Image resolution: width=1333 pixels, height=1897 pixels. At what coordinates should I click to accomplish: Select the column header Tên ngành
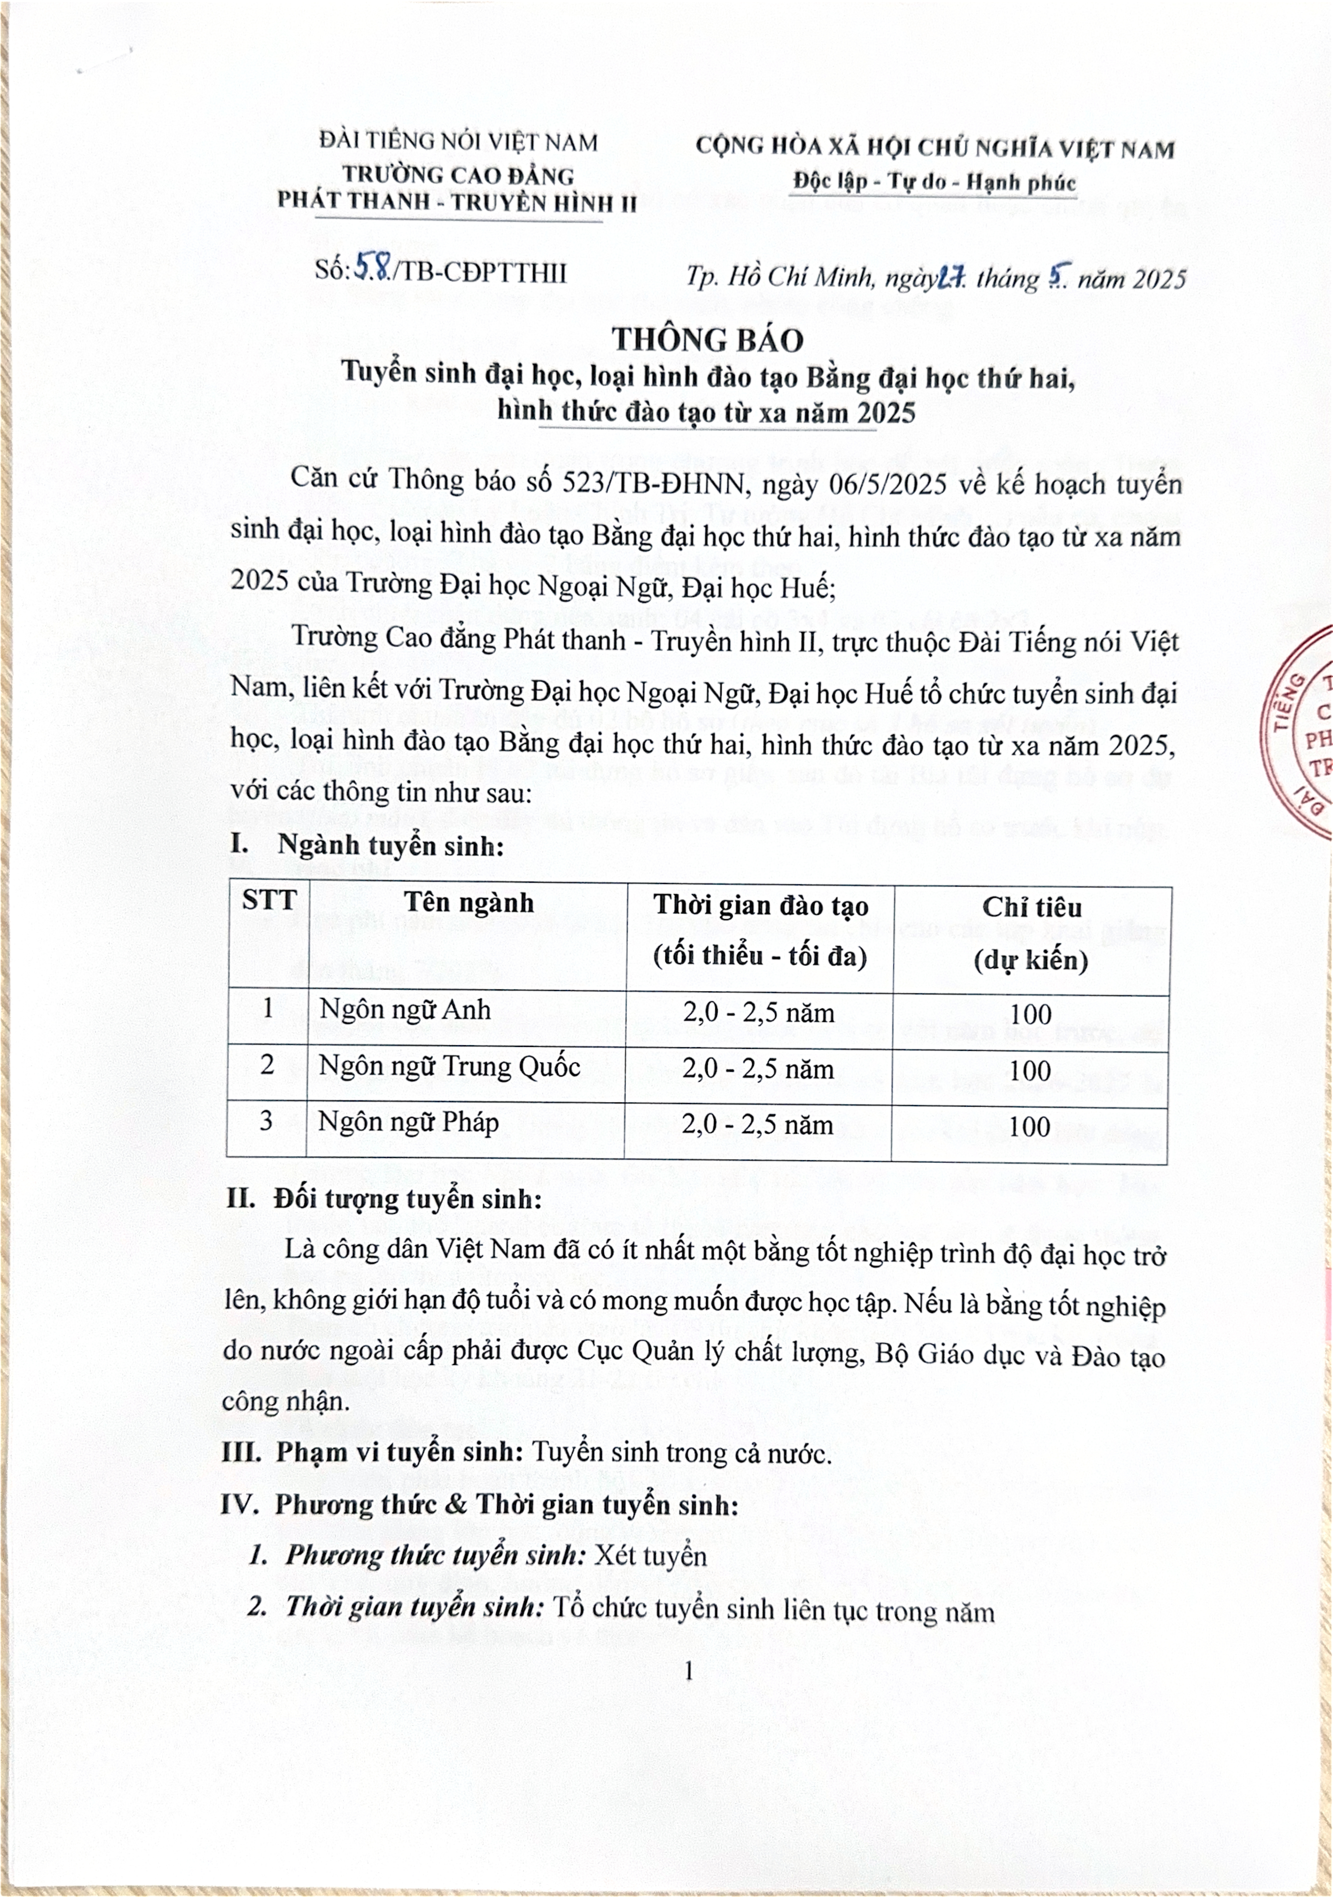[469, 903]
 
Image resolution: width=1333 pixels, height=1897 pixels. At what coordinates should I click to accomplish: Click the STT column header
[269, 900]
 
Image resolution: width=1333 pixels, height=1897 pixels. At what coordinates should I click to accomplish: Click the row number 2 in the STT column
[267, 1064]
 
